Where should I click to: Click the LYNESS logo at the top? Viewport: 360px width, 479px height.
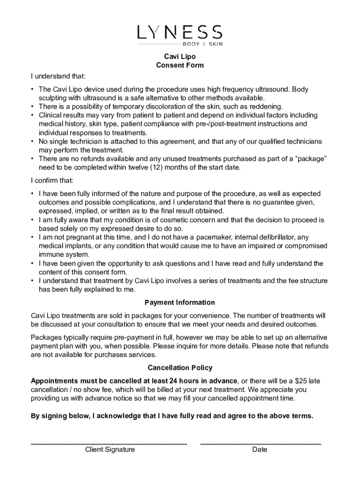pos(180,32)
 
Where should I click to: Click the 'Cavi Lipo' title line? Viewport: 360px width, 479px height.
pos(180,57)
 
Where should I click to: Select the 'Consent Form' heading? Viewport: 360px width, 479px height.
pos(180,65)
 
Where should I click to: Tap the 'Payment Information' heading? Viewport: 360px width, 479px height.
pos(180,303)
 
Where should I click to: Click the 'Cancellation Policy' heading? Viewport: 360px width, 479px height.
pos(180,368)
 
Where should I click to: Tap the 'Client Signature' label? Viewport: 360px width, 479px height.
pos(110,450)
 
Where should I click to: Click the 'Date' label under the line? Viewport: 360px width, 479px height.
pos(259,450)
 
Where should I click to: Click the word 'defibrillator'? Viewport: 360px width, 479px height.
pos(275,238)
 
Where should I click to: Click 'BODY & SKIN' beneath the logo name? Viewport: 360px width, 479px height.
pos(202,44)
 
